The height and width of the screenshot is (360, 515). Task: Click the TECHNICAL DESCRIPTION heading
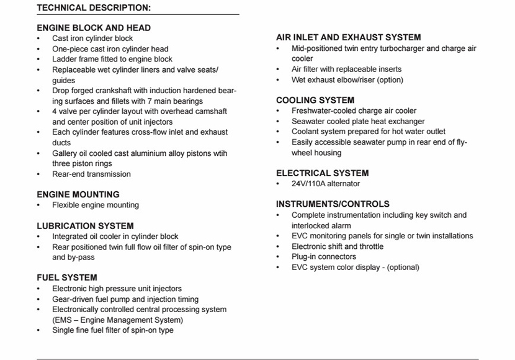[x=93, y=7]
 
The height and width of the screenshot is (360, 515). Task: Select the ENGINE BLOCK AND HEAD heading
[x=93, y=28]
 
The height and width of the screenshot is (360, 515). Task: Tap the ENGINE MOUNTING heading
[x=78, y=194]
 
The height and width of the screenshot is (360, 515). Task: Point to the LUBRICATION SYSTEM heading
[x=85, y=226]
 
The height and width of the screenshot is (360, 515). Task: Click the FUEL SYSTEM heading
[x=66, y=277]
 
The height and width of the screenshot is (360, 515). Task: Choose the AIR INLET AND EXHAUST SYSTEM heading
[x=348, y=37]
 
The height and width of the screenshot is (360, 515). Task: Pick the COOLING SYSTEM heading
[x=315, y=100]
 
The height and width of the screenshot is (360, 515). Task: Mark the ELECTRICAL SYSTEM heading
[x=322, y=173]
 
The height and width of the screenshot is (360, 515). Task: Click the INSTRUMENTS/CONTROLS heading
[x=333, y=204]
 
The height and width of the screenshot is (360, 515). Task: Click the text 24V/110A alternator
[x=326, y=184]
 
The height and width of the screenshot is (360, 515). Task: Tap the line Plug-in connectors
[x=324, y=256]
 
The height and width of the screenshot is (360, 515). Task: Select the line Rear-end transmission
[x=91, y=174]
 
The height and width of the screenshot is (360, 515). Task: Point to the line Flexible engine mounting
[x=96, y=205]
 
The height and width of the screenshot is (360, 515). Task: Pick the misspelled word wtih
[x=218, y=153]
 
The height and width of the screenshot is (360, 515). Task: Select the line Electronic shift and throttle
[x=338, y=246]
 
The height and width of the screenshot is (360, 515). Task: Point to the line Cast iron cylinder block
[x=92, y=38]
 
